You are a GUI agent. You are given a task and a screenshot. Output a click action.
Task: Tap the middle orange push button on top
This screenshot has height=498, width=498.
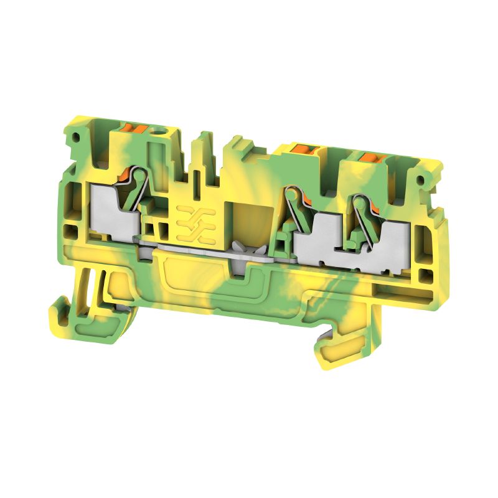(303, 149)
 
